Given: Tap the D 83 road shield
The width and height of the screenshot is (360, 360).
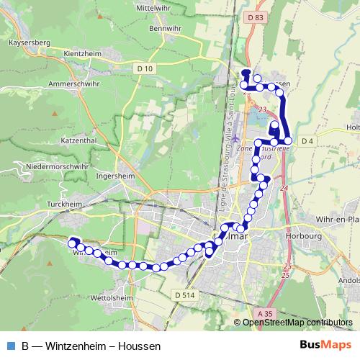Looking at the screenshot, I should [254, 16].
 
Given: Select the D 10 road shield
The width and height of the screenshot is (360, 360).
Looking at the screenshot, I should [145, 68].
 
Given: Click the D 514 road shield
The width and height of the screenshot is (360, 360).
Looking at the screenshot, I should [185, 294].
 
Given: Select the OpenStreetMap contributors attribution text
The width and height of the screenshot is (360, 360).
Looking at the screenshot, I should [297, 323].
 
